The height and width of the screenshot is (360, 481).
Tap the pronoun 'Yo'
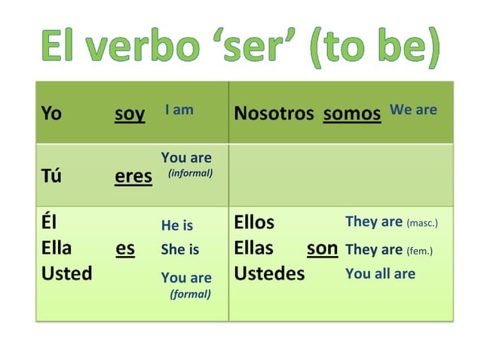(x=51, y=114)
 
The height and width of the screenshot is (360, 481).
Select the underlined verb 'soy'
(x=130, y=114)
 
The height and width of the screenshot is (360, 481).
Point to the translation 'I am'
(x=179, y=110)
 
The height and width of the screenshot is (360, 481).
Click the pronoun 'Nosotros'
(x=274, y=114)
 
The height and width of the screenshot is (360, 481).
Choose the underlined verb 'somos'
(x=352, y=114)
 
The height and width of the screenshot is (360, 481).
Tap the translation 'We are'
(x=413, y=110)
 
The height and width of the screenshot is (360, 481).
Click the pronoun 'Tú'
(x=51, y=176)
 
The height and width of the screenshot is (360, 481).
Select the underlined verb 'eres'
(x=133, y=176)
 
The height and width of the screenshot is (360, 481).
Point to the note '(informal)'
(x=190, y=173)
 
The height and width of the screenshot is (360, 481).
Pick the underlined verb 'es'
(x=125, y=249)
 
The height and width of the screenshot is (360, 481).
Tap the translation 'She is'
(x=180, y=249)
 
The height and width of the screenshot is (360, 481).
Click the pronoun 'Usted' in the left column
(x=66, y=273)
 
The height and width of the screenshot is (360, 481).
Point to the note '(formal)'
(x=190, y=294)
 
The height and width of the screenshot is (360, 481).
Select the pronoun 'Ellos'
(x=254, y=223)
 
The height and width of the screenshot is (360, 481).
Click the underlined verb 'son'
(x=322, y=249)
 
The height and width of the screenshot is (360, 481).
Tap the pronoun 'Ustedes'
(x=269, y=273)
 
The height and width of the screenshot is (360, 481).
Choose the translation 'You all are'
(x=380, y=273)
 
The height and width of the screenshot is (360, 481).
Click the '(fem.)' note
(x=420, y=250)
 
